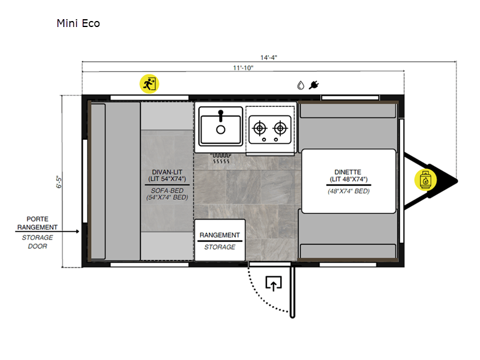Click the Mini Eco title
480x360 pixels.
pyautogui.click(x=78, y=23)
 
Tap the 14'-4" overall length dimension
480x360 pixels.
pyautogui.click(x=269, y=58)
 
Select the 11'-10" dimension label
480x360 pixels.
pyautogui.click(x=243, y=68)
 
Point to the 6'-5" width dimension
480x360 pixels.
pyautogui.click(x=59, y=182)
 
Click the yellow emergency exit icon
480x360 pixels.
pyautogui.click(x=149, y=83)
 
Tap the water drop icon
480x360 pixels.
pyautogui.click(x=301, y=85)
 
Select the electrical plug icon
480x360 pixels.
pyautogui.click(x=314, y=85)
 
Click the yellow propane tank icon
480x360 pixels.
pyautogui.click(x=425, y=180)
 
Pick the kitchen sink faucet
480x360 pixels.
pyautogui.click(x=221, y=116)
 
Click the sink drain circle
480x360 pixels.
pyautogui.click(x=221, y=130)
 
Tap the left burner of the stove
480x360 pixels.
pyautogui.click(x=260, y=128)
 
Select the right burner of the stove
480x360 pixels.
pyautogui.click(x=280, y=128)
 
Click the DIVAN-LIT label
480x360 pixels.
pyautogui.click(x=167, y=172)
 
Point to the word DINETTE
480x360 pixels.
pyautogui.click(x=348, y=172)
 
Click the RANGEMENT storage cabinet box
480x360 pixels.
pyautogui.click(x=220, y=240)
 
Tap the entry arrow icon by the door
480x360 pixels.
pyautogui.click(x=274, y=283)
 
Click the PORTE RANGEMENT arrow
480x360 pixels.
pyautogui.click(x=47, y=232)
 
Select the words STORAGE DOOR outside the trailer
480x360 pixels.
pyautogui.click(x=37, y=242)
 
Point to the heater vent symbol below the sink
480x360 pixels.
pyautogui.click(x=220, y=158)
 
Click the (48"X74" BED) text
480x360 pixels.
pyautogui.click(x=349, y=191)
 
